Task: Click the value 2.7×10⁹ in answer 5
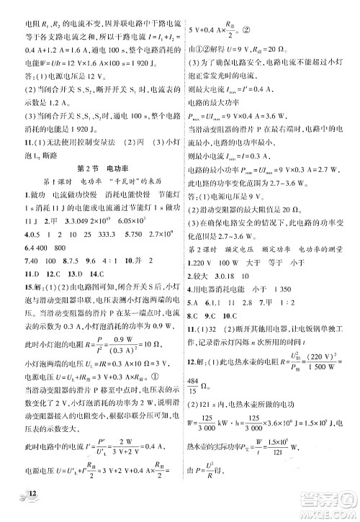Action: click(x=155, y=235)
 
